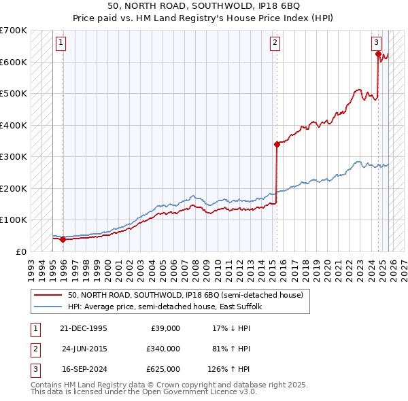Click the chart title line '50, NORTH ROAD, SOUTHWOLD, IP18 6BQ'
pyautogui.click(x=204, y=5)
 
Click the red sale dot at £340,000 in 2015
pyautogui.click(x=277, y=144)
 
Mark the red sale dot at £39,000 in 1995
pyautogui.click(x=63, y=239)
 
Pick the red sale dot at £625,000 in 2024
pyautogui.click(x=379, y=54)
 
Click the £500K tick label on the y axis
pyautogui.click(x=14, y=94)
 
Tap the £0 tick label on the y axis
pyautogui.click(x=20, y=251)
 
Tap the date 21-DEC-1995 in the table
pyautogui.click(x=84, y=328)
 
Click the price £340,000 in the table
pyautogui.click(x=163, y=349)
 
